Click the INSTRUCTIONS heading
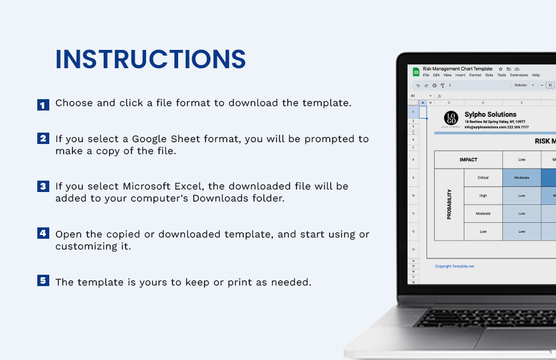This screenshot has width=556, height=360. (x=150, y=59)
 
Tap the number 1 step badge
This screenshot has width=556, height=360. (x=43, y=105)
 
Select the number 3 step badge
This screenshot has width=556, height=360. (x=43, y=186)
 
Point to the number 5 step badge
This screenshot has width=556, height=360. (x=43, y=280)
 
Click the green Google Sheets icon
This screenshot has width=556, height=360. (x=416, y=72)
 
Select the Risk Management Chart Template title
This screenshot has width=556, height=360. (x=457, y=69)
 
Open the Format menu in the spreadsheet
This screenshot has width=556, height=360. (x=474, y=75)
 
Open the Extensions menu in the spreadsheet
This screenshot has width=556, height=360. (x=519, y=75)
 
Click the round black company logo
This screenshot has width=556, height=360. (x=450, y=118)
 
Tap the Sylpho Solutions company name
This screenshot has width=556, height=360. (x=490, y=114)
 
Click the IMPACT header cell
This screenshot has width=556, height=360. (x=468, y=160)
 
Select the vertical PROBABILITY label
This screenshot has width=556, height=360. (x=449, y=205)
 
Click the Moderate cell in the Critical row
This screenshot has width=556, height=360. (x=521, y=178)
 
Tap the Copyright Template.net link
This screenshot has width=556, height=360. (x=454, y=266)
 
